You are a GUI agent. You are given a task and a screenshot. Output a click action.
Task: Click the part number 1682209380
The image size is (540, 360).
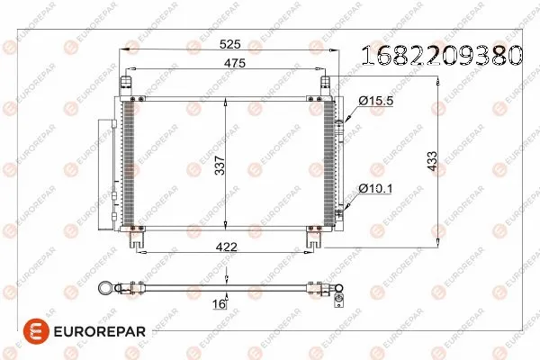tap(441, 57)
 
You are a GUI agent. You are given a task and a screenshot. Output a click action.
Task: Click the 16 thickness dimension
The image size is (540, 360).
tap(218, 304)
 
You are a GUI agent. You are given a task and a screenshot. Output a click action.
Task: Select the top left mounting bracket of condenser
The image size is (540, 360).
tap(127, 83)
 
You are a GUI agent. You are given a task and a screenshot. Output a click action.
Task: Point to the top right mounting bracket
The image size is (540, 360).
tap(326, 83)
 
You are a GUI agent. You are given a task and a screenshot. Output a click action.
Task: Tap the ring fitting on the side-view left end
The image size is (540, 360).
tap(104, 288)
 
